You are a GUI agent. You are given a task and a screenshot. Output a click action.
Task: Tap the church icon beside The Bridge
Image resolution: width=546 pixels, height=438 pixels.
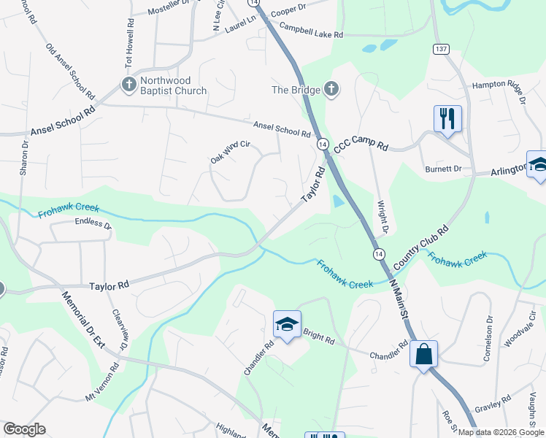click(331, 90)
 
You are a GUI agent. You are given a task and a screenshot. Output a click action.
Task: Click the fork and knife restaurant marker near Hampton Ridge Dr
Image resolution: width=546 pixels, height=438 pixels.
click(447, 118)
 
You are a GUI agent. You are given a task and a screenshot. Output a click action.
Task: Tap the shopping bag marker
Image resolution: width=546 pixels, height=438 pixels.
click(423, 355)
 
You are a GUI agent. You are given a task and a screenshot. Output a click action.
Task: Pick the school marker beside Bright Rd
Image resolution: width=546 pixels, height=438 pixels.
click(288, 324)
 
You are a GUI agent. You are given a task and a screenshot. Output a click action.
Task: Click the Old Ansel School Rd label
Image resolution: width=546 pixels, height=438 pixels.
click(70, 71)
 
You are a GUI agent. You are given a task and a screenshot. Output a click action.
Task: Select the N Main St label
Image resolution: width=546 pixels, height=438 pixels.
click(399, 299)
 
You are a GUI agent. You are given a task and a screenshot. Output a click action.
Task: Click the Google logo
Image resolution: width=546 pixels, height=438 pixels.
click(24, 429)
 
